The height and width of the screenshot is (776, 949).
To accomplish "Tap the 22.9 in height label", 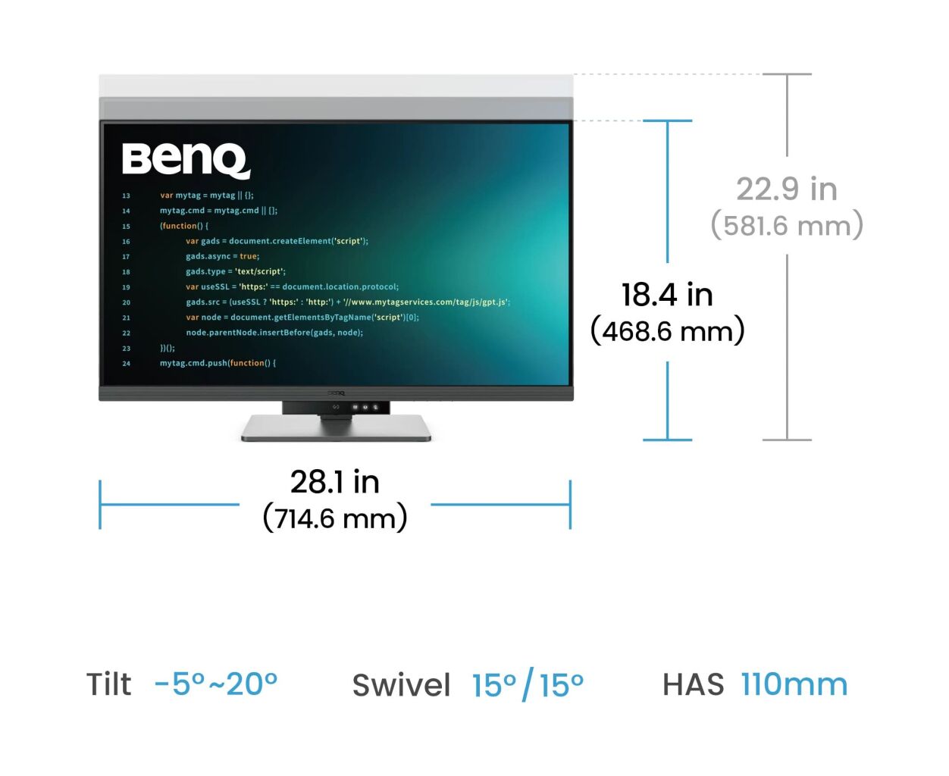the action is (x=786, y=189).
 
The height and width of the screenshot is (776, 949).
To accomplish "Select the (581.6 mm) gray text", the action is (x=786, y=225).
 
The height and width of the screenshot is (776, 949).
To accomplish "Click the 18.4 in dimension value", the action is (x=667, y=295).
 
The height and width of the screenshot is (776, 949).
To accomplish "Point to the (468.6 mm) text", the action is (x=667, y=330).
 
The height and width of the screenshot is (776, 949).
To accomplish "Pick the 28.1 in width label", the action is (x=334, y=482).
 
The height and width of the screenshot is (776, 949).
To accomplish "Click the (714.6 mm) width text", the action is (x=335, y=518).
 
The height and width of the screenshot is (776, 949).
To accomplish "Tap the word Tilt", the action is (x=108, y=684).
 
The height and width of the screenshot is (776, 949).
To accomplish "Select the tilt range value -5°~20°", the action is (x=215, y=684).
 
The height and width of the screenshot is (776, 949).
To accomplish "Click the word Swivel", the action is (x=401, y=685).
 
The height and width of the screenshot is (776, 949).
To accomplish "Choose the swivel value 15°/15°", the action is (x=528, y=684).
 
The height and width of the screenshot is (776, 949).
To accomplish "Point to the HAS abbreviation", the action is (x=693, y=684).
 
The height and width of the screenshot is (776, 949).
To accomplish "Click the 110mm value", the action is (x=794, y=684).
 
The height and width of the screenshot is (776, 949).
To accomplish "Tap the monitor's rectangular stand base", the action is (x=336, y=427).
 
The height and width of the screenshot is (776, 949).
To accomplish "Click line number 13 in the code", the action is (x=126, y=196).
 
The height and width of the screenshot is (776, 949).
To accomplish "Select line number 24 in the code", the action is (x=126, y=364).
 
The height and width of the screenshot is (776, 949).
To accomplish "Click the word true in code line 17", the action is (x=249, y=256).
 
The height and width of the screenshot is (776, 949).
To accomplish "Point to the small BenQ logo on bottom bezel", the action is (x=336, y=393).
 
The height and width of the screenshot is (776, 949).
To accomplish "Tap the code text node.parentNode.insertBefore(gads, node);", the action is (x=274, y=333).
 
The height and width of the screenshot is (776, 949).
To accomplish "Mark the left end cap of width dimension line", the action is (x=100, y=504).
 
